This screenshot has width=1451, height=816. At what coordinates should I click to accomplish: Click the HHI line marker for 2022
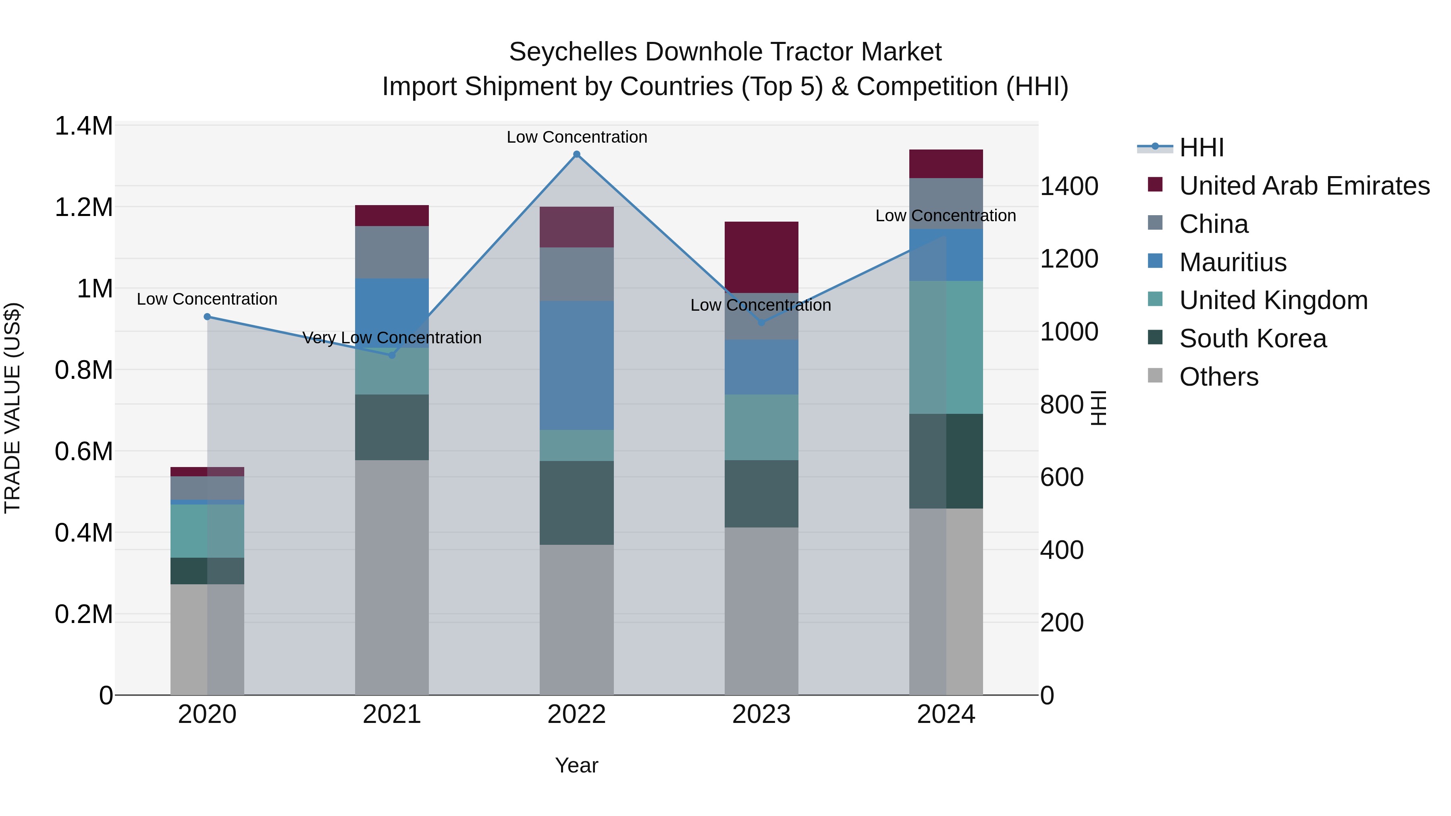[x=576, y=154]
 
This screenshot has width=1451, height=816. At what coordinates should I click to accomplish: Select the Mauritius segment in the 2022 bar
[x=576, y=365]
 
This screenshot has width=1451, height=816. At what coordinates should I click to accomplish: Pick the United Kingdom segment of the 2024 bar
[x=946, y=347]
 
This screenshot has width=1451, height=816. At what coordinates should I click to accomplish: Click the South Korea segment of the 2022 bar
[x=576, y=502]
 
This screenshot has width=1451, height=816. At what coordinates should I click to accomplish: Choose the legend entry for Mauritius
[x=1233, y=262]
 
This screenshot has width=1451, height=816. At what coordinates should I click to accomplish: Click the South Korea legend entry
[x=1252, y=338]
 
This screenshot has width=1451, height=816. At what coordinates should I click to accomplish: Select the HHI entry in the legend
[x=1201, y=147]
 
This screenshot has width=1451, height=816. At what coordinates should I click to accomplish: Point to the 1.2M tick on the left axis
[x=83, y=207]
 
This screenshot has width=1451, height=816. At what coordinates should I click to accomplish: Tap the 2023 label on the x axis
[x=761, y=714]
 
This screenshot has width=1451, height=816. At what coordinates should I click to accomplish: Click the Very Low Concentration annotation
[x=392, y=338]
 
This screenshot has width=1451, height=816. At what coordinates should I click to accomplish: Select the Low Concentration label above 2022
[x=577, y=137]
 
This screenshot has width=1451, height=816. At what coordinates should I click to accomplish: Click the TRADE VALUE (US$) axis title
[x=12, y=408]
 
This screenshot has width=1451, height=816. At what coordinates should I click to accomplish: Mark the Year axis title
[x=576, y=765]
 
